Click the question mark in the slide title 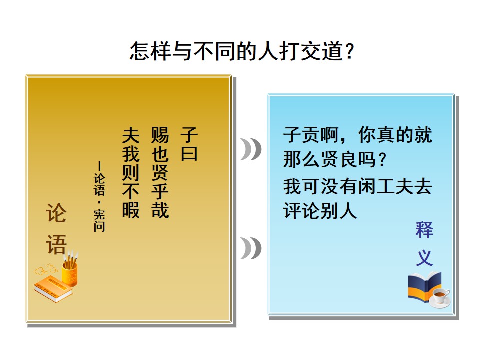click(349, 51)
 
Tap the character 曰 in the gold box click(189, 153)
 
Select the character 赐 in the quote click(160, 135)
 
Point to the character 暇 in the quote click(131, 209)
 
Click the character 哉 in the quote click(160, 209)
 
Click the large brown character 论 click(56, 213)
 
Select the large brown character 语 click(56, 245)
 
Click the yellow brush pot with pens click(70, 269)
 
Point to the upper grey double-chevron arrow click(250, 149)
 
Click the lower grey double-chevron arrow click(250, 248)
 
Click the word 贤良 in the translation click(339, 159)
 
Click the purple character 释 click(424, 230)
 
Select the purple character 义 click(424, 258)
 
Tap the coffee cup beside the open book click(440, 297)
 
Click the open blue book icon click(425, 287)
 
